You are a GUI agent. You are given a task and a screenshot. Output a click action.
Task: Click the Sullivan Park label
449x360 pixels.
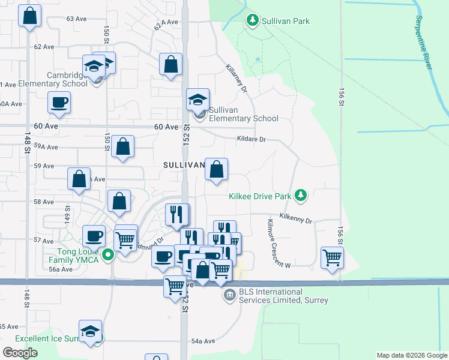286,21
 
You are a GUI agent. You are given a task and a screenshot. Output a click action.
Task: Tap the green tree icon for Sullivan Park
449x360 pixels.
253,21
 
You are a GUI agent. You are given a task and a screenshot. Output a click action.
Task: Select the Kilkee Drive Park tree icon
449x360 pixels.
301,196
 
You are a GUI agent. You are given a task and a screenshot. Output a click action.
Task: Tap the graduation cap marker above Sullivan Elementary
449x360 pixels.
197,100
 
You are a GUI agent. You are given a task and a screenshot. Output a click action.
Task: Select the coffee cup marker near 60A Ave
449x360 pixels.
59,103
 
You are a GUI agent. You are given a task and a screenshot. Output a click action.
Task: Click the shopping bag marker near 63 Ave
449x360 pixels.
30,16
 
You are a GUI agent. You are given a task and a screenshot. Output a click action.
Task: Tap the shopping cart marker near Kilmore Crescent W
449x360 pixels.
332,258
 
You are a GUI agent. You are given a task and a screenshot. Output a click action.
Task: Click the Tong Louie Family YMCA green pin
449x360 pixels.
108,256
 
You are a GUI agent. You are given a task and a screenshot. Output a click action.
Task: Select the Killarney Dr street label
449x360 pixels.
237,79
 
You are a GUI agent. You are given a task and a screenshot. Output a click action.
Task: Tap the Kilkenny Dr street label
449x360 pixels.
296,217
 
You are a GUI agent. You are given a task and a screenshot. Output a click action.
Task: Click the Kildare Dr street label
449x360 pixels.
251,139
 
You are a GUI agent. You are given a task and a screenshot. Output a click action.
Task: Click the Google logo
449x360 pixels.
20,353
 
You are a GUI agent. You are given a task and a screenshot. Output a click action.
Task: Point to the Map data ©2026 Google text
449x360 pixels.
411,355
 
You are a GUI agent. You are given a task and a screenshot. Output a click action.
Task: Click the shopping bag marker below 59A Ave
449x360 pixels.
122,147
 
